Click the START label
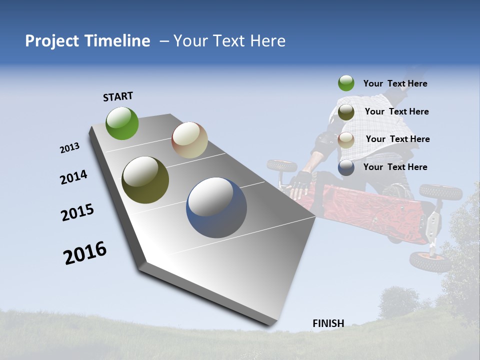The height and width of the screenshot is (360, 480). [118, 96]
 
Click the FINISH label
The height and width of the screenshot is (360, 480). [328, 323]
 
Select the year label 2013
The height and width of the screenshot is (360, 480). [69, 148]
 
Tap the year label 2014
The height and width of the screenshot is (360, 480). [73, 177]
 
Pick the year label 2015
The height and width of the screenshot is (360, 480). [77, 212]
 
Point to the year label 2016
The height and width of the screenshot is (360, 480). [85, 253]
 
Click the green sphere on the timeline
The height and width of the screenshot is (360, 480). [122, 123]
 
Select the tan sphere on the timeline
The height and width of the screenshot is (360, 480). [189, 140]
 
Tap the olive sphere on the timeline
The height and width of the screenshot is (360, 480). [145, 180]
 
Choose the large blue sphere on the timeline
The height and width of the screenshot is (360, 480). [216, 207]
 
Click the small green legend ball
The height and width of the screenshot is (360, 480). [346, 83]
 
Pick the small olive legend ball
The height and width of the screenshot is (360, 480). [346, 112]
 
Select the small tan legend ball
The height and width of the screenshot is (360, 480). [346, 139]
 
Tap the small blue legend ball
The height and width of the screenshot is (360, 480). [346, 167]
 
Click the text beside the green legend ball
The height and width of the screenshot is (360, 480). [395, 83]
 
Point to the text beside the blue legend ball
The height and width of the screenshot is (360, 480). [395, 167]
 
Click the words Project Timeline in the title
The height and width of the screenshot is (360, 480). [87, 41]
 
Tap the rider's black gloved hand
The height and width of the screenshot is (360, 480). [301, 181]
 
